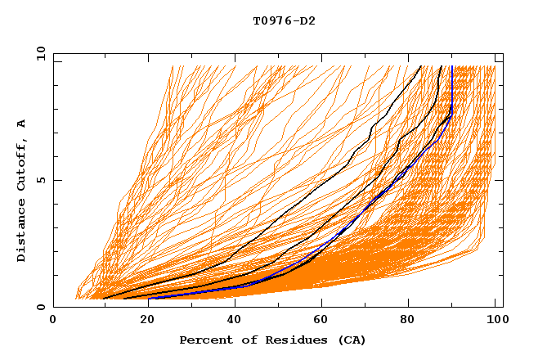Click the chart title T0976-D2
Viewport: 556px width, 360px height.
[284, 20]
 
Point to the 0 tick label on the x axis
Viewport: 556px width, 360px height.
[53, 322]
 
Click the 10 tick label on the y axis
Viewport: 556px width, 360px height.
[39, 53]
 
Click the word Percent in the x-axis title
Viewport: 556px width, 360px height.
[202, 340]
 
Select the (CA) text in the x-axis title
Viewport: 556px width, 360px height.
[349, 340]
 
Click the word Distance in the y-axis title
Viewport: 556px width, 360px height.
[22, 233]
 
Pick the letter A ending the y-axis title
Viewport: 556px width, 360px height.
[22, 124]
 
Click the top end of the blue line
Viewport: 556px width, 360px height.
[452, 66]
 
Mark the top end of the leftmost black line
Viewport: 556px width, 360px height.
[421, 66]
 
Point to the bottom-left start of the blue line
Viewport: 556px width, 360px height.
[150, 299]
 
